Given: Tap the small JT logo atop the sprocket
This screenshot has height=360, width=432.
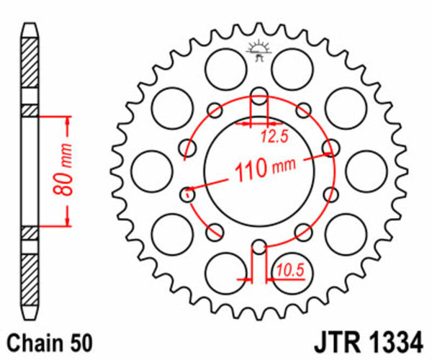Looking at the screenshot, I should (258, 51).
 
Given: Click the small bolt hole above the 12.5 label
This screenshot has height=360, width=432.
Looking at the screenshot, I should (258, 93).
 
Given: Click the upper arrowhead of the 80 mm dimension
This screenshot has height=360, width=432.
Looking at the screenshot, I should (69, 120).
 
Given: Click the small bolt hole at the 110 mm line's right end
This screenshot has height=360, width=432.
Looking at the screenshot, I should (330, 149).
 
